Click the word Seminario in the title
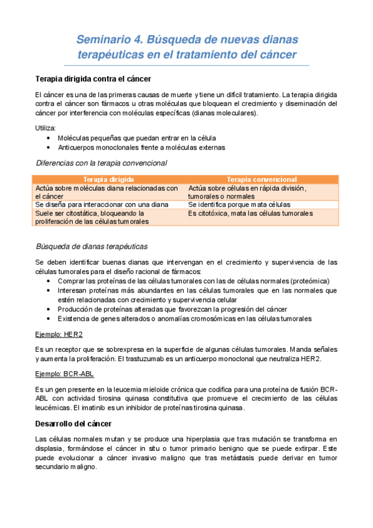click(x=103, y=40)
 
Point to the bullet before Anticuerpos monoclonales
click(x=49, y=148)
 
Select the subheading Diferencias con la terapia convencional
click(x=101, y=163)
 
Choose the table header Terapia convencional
click(x=261, y=179)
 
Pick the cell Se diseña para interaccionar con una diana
click(x=102, y=204)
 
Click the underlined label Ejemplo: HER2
click(x=55, y=334)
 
